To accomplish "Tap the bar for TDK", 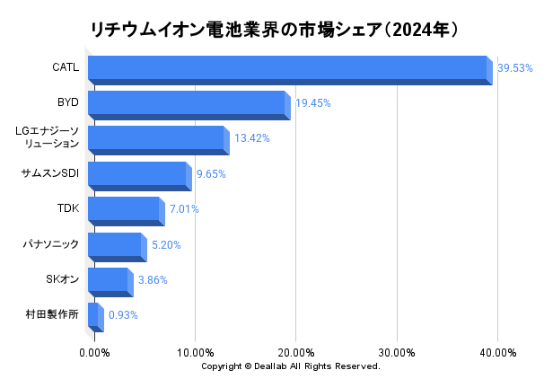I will coord(124,210).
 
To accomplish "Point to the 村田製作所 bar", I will coord(93,316).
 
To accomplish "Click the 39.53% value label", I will coord(515,68).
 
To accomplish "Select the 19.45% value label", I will coord(313,103).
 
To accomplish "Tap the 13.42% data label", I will coord(251,138).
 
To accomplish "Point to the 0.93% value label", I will coord(123,315).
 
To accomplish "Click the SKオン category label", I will coord(62,279).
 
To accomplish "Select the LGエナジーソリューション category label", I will coord(48,137).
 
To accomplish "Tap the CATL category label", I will coord(66,67).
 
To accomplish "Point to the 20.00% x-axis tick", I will coord(296,353).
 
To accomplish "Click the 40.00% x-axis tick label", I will coord(497,353).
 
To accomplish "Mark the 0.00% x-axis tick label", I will coord(95,353).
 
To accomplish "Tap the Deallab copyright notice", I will coord(291,366).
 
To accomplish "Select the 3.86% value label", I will coord(153,280).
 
